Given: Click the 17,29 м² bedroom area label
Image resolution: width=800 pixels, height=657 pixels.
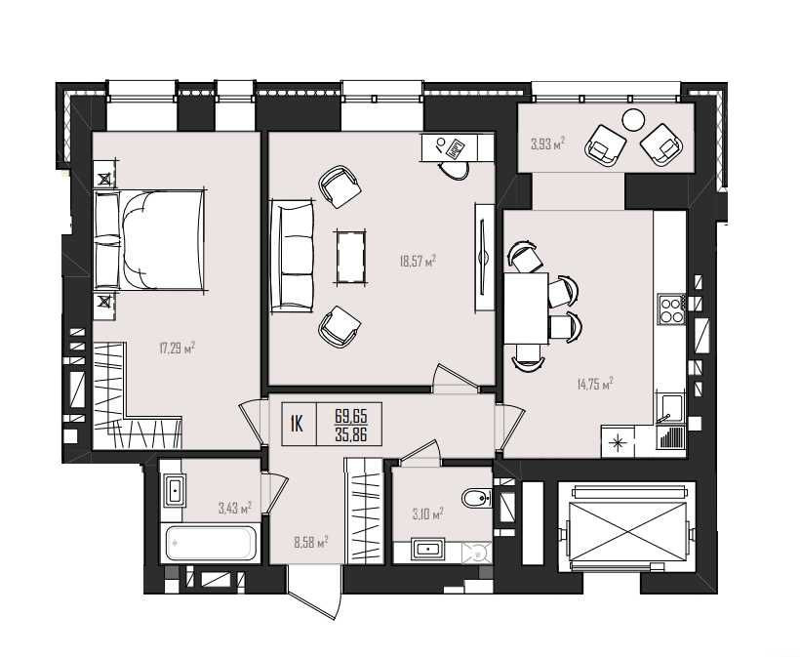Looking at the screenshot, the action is click(177, 349).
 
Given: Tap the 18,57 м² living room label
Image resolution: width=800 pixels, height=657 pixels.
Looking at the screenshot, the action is click(418, 262).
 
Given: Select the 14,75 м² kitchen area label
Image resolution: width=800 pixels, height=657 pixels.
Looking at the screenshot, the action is click(595, 384).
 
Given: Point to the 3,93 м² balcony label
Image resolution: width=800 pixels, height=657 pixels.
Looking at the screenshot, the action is click(547, 144).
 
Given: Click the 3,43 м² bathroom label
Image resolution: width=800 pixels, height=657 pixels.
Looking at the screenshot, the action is click(235, 508).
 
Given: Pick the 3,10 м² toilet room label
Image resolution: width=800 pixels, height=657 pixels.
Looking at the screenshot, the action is click(427, 514).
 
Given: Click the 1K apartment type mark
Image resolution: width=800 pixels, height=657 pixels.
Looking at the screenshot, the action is click(297, 425).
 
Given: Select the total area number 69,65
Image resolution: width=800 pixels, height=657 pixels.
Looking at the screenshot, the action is click(351, 416).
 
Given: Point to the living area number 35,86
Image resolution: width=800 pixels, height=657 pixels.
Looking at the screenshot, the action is click(351, 434).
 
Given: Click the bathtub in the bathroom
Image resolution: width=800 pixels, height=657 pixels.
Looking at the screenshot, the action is click(210, 543).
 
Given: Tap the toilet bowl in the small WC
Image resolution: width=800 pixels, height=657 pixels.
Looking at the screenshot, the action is click(475, 499).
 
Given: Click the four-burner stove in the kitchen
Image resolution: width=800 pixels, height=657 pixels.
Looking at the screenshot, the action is click(671, 308).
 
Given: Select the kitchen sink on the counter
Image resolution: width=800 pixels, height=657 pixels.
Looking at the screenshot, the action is click(670, 409).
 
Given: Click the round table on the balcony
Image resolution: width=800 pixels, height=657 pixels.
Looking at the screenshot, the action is click(633, 120).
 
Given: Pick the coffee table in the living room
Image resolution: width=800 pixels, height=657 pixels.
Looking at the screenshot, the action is click(350, 257).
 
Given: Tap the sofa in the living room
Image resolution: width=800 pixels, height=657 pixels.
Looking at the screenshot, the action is click(292, 256).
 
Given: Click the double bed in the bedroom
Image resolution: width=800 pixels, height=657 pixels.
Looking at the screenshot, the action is click(149, 240).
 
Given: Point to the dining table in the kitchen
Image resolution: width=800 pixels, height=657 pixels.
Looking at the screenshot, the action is click(526, 308).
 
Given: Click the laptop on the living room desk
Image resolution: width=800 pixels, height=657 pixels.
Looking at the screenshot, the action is click(455, 149).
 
